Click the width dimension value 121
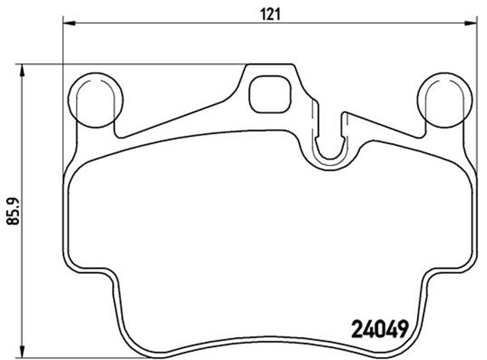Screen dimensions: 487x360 click(271, 14)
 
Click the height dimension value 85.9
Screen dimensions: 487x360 click(14, 211)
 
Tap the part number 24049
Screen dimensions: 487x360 click(379, 330)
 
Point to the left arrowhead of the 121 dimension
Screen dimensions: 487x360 click(69, 23)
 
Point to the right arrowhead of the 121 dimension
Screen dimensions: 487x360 click(470, 23)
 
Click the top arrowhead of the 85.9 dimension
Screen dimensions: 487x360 click(22, 71)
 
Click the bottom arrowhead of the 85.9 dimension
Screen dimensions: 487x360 click(22, 352)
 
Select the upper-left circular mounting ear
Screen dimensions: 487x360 click(95, 100)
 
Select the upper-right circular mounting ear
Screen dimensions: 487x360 click(444, 100)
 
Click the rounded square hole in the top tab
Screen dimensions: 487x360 click(270, 94)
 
